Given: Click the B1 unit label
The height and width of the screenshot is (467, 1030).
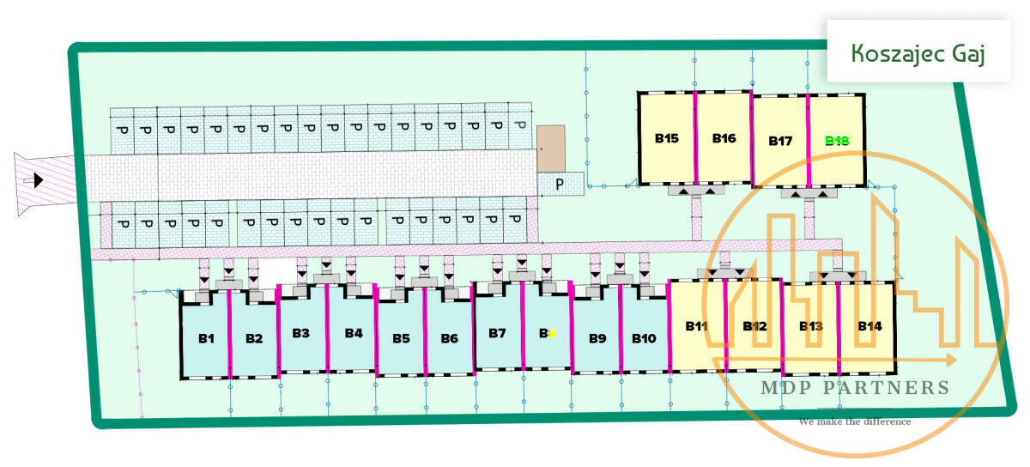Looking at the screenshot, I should (x=206, y=338).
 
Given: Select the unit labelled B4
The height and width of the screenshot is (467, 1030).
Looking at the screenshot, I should (x=354, y=333).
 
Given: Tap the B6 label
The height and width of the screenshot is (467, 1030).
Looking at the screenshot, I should (x=449, y=338).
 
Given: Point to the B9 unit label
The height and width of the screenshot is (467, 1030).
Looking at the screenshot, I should (x=597, y=338).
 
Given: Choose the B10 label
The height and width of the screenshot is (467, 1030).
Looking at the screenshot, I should (x=644, y=338).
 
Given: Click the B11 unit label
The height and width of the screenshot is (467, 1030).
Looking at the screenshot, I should (x=696, y=326).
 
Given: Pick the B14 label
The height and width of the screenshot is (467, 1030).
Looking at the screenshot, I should (x=869, y=326).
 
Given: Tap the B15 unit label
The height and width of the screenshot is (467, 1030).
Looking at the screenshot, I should (x=667, y=137).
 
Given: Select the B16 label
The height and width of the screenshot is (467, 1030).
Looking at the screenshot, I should (x=724, y=137).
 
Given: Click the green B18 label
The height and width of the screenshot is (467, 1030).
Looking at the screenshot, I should (x=837, y=141).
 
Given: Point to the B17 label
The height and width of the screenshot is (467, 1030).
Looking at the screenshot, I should (x=780, y=141).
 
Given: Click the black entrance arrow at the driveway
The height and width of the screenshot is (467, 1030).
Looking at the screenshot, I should (x=38, y=180).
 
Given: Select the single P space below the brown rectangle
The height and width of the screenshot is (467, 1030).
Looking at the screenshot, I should (x=560, y=184).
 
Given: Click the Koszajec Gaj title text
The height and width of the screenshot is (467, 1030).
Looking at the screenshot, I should (x=918, y=53).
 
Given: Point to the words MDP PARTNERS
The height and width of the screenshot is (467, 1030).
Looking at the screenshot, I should (x=855, y=388).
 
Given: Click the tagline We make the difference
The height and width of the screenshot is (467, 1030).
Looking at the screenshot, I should (x=854, y=422).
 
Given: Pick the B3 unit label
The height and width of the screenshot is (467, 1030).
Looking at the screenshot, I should (x=300, y=333).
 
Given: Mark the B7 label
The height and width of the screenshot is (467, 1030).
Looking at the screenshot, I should (x=497, y=333).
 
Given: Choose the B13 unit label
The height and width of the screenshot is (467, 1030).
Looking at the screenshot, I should (x=811, y=326).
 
